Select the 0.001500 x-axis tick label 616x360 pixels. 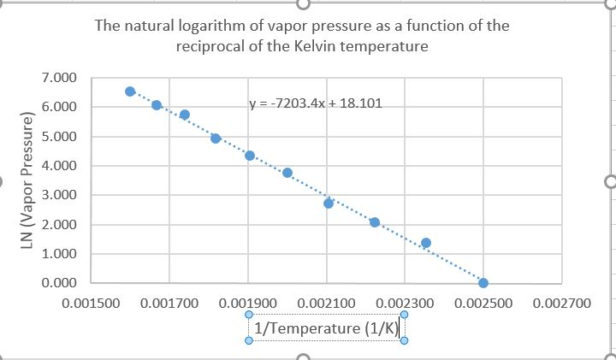pos(92,304)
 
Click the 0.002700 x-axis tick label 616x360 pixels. pos(561,304)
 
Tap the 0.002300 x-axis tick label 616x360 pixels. pos(405,304)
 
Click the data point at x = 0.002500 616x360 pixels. pos(483,283)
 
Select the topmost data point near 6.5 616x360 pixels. pos(130,91)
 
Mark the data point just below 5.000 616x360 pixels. pos(216,138)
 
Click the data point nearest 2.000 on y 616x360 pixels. pos(375,222)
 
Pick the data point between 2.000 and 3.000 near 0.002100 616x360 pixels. pos(329,204)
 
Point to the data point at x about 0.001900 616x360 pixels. pos(250,156)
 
